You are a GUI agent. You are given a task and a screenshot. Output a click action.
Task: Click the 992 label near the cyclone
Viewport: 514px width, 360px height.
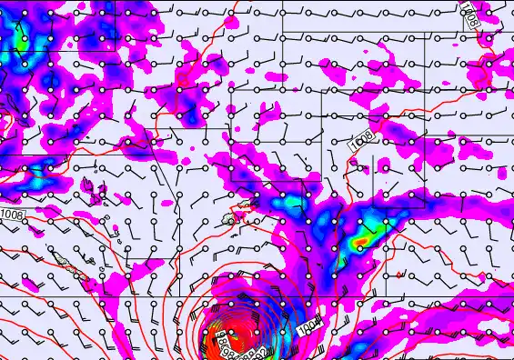pyautogui.click(x=257, y=350)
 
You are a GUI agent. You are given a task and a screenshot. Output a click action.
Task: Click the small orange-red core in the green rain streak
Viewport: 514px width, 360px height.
pyautogui.click(x=361, y=241)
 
